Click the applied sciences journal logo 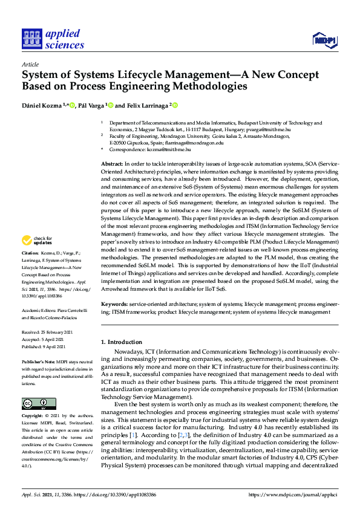53,39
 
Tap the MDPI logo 324,40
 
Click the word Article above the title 30,64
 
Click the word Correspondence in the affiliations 128,149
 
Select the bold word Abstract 111,164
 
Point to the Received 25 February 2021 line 47,332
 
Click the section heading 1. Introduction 122,342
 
